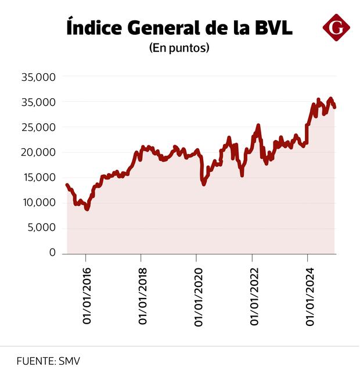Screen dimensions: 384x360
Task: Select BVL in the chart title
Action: (272, 27)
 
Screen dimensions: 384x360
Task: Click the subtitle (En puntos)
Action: (179, 48)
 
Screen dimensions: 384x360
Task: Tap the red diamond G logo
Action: (336, 27)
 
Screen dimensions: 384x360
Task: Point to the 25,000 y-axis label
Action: (38, 127)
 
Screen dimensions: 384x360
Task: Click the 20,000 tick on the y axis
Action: (38, 152)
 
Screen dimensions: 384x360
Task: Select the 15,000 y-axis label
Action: (38, 178)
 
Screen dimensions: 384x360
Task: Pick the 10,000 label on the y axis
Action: (38, 203)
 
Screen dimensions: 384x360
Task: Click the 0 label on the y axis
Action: (52, 253)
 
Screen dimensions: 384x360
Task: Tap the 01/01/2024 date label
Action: (309, 295)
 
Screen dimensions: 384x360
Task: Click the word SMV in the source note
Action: (69, 361)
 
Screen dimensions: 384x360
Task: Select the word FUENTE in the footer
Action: (35, 361)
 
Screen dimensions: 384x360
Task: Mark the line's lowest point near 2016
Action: (87, 209)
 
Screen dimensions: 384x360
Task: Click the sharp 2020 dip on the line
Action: (203, 184)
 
